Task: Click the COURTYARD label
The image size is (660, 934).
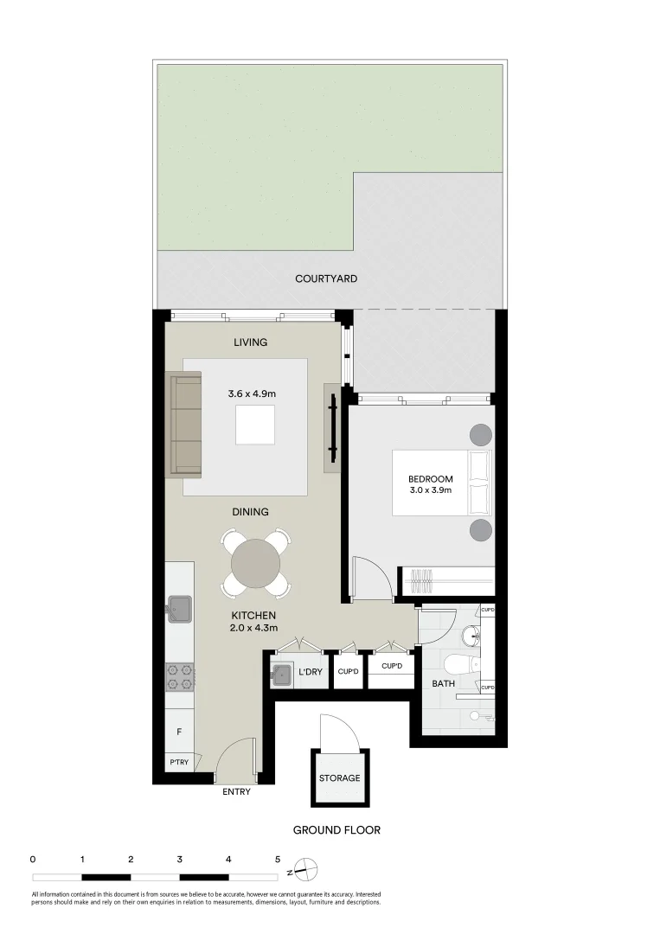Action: tap(326, 278)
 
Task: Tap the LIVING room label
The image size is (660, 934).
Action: tap(251, 342)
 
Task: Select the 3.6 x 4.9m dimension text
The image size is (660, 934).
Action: tap(252, 394)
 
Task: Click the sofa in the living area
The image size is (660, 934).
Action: tap(184, 424)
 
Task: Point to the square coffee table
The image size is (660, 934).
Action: tap(255, 424)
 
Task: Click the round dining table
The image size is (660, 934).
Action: tap(255, 563)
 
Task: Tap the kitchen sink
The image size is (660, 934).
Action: tap(180, 608)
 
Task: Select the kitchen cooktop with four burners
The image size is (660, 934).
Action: tap(179, 676)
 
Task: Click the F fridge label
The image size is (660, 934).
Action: tap(179, 732)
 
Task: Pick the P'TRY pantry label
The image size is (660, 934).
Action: tap(179, 762)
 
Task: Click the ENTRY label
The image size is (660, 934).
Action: tap(236, 792)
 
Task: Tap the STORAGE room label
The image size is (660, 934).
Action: tap(339, 778)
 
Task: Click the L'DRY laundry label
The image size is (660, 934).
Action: tap(311, 672)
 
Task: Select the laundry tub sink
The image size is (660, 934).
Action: tap(282, 675)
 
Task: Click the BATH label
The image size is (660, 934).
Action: tap(444, 684)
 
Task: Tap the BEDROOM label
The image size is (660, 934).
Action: tap(431, 479)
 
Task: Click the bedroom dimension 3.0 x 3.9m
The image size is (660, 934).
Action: tap(431, 491)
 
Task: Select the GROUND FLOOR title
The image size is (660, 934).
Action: tap(336, 830)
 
